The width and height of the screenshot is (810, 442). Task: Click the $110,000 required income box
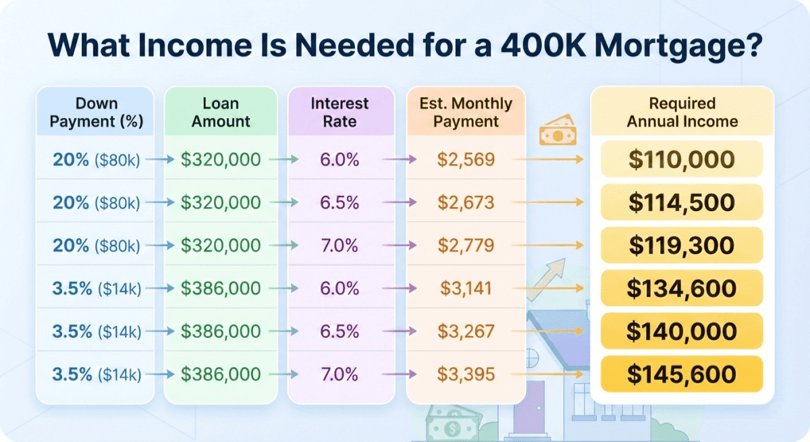coord(682,159)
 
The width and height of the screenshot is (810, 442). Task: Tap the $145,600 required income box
coord(682,374)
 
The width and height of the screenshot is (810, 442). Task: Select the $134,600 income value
coord(682,288)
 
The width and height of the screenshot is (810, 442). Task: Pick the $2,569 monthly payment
coord(466,159)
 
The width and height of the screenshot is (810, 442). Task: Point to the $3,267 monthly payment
coord(466,331)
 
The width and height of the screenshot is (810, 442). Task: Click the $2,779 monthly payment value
coord(466,246)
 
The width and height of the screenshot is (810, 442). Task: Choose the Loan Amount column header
coord(221,113)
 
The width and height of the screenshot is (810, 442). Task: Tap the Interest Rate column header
coord(340,113)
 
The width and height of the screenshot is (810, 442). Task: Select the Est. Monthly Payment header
coord(466,113)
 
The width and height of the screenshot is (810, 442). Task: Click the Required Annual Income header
coord(682,113)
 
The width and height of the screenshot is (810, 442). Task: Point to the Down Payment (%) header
coord(96,113)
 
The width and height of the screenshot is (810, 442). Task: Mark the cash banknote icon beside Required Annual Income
coord(558,130)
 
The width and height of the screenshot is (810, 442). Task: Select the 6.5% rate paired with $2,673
coord(340,202)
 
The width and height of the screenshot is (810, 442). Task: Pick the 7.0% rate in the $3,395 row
coord(340,374)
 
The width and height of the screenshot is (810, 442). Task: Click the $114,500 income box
coord(682,202)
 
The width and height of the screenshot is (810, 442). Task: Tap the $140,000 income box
coord(682,331)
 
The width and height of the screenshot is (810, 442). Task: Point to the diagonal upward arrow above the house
coord(546,279)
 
